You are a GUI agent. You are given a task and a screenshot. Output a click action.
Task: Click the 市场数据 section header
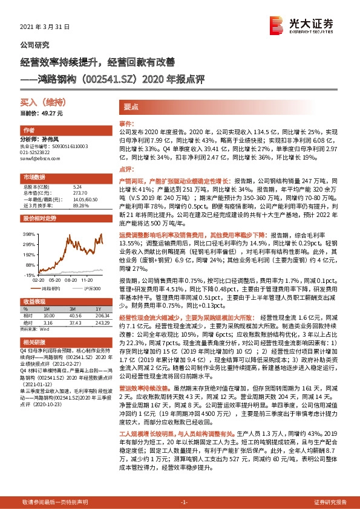[x=34, y=177]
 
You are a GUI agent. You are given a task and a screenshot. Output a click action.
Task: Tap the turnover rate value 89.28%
[x=81, y=205]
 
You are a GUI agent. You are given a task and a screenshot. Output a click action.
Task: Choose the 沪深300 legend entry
[x=90, y=290]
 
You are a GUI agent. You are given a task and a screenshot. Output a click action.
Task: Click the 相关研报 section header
[x=34, y=342]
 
